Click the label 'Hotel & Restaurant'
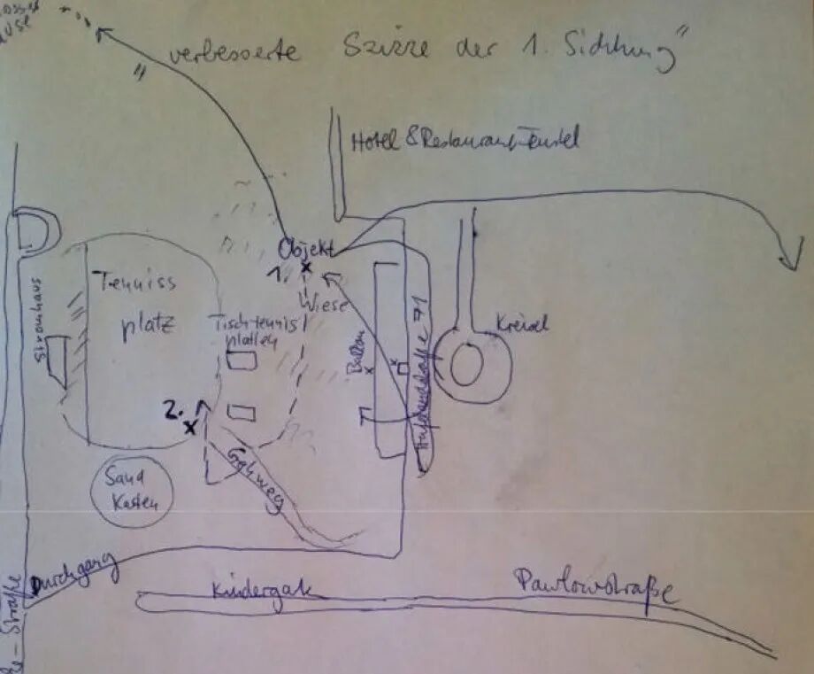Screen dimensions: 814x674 464,139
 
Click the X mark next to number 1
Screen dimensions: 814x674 306,267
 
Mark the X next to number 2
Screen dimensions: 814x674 189,428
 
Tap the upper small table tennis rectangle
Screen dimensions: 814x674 242,360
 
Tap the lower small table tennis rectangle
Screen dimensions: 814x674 242,412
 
